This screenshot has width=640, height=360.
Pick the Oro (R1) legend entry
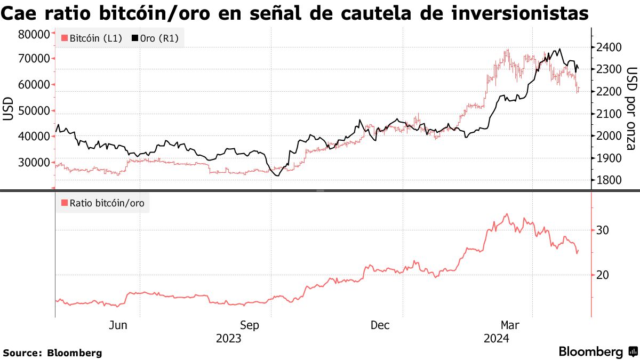(x=155, y=38)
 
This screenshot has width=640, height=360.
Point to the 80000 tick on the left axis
(x=34, y=34)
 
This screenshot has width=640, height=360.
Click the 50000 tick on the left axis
(x=34, y=110)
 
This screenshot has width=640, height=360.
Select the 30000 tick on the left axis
(x=34, y=162)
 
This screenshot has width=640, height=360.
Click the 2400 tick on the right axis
(x=609, y=47)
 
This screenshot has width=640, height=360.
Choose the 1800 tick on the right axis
(x=609, y=180)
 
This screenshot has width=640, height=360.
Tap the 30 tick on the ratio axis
(x=603, y=230)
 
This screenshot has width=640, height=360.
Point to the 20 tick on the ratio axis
(x=603, y=275)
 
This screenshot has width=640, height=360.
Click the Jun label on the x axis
(x=118, y=325)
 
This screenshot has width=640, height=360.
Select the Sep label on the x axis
(x=250, y=325)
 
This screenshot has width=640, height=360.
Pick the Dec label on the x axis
(x=380, y=325)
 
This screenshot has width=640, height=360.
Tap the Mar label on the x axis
(x=510, y=325)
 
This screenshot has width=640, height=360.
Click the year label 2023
(x=228, y=339)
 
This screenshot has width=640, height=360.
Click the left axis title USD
(x=8, y=109)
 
